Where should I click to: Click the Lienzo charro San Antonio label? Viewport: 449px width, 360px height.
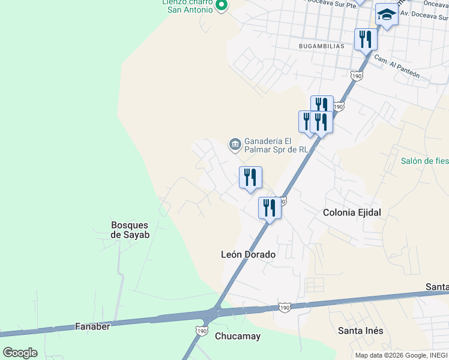coord(190,6)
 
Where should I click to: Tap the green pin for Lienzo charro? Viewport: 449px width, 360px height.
coord(221,7)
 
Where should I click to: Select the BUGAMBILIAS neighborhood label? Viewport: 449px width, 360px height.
coord(321,46)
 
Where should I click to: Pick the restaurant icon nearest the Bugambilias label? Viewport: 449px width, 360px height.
coord(365,40)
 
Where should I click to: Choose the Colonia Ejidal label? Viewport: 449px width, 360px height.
coord(352,212)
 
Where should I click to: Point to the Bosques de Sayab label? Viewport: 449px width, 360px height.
coord(130,230)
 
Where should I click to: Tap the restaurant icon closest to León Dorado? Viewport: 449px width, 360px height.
coord(270,208)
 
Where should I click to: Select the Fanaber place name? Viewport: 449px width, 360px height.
coord(92,326)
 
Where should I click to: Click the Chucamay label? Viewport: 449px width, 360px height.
coord(238,336)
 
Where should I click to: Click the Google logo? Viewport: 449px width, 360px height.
coord(20,352)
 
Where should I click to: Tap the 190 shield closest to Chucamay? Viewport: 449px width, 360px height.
coord(202,331)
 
